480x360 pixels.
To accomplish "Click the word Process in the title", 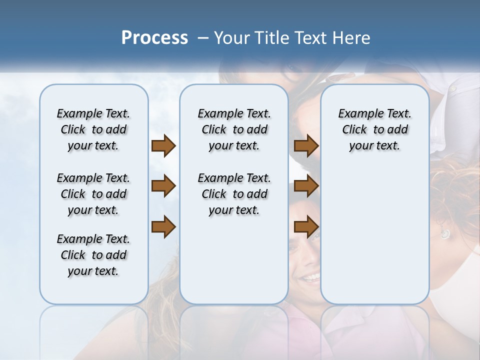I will [x=154, y=38].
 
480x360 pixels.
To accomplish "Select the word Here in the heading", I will [x=352, y=38].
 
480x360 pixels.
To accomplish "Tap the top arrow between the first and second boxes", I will [x=163, y=145].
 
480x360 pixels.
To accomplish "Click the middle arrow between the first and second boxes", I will [x=163, y=186].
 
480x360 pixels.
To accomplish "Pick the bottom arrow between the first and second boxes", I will [x=163, y=227].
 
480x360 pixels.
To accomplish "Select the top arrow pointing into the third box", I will [x=306, y=145].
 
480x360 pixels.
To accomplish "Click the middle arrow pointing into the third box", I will [x=306, y=186].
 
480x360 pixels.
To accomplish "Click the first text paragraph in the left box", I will [x=93, y=129].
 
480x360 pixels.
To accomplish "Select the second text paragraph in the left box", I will [x=93, y=194].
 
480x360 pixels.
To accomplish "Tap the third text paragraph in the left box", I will [x=93, y=255].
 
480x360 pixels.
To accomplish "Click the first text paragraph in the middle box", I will [x=234, y=129].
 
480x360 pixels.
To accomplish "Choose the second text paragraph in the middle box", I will [x=234, y=194].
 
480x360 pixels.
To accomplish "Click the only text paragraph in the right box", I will [x=374, y=129].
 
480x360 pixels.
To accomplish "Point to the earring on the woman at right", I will [x=444, y=233].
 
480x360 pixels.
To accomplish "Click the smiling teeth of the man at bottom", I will [x=310, y=276].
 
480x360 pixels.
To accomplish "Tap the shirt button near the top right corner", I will [x=453, y=88].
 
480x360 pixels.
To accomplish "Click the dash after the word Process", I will [x=203, y=38].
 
